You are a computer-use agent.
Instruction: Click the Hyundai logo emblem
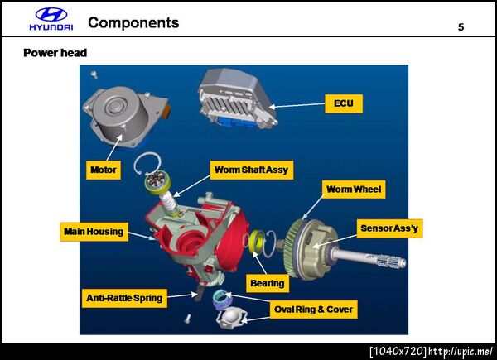tap(51, 15)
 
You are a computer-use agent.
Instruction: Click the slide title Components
tap(133, 23)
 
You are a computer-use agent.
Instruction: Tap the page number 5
tap(461, 27)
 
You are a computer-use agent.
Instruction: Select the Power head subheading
tap(55, 53)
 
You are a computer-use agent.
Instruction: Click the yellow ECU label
tap(344, 103)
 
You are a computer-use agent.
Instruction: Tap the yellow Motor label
tap(104, 170)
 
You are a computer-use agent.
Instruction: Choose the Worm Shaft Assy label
tap(251, 170)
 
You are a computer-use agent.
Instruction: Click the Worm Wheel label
tap(354, 190)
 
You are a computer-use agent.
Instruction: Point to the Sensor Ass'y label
tap(389, 228)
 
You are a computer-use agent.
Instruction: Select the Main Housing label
tap(94, 232)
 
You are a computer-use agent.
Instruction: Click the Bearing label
tap(268, 283)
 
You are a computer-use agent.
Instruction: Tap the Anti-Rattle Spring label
tap(124, 298)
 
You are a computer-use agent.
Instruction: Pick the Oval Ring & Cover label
tap(313, 310)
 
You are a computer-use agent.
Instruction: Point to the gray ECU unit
tap(238, 98)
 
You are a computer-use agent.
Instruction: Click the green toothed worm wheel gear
tap(293, 248)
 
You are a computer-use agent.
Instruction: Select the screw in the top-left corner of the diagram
tap(94, 75)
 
